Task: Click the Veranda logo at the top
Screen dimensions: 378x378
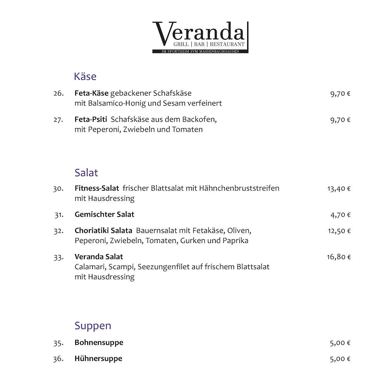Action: pos(200,37)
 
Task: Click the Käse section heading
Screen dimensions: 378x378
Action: pos(85,76)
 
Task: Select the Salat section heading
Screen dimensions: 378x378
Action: pos(86,173)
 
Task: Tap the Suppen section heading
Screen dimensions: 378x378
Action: pos(93,326)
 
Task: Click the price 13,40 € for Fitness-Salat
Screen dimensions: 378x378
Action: pos(339,189)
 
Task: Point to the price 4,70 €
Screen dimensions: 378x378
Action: pos(340,215)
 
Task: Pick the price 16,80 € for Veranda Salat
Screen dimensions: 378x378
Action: pos(339,257)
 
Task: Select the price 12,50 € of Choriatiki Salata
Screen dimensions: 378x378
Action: pos(339,231)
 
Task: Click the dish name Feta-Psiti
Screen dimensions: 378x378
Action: pos(91,120)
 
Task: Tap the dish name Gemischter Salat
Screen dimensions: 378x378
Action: pos(104,214)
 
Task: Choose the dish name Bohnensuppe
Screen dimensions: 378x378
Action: pos(99,343)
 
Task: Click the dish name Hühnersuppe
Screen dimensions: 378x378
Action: pos(98,359)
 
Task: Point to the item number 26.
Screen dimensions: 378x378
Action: pos(58,93)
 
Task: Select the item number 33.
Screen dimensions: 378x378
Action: pos(58,257)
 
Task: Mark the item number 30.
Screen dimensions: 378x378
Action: pos(58,189)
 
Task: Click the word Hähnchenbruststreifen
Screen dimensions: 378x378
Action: pos(239,188)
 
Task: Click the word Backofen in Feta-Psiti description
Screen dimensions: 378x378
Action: pos(199,120)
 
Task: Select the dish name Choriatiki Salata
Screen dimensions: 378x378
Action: pos(104,230)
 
